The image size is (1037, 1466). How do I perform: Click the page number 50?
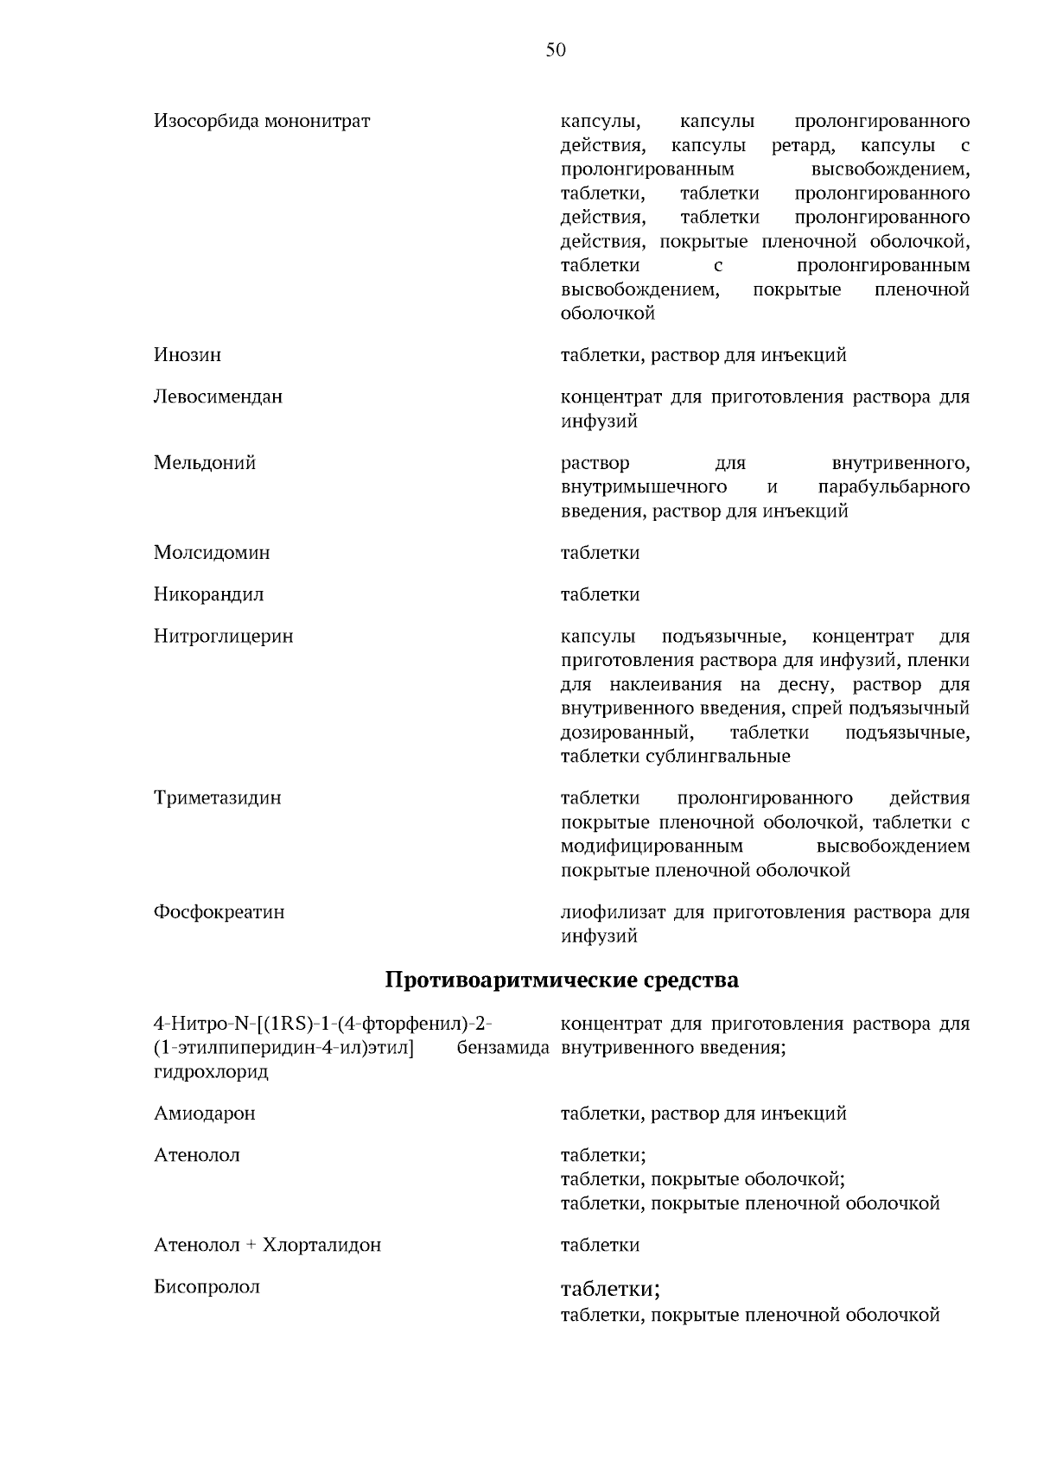(x=556, y=51)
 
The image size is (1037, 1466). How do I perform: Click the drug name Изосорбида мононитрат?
(x=262, y=121)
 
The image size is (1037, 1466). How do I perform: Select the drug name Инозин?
(x=188, y=355)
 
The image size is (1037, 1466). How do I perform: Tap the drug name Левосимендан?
(x=219, y=397)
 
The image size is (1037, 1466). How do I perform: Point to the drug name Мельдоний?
(x=205, y=463)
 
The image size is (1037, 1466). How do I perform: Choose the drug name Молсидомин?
(x=212, y=553)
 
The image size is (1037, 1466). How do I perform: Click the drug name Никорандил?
(x=209, y=594)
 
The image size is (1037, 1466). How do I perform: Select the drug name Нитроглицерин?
(x=224, y=637)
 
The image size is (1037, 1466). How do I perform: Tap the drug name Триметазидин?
(x=218, y=798)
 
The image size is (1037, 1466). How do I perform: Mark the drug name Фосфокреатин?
(x=219, y=912)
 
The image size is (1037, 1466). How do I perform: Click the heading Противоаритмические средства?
(x=562, y=981)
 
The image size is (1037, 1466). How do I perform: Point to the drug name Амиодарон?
(x=205, y=1114)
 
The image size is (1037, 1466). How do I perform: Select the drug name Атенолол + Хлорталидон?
(x=268, y=1246)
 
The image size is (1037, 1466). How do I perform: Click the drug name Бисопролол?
(x=207, y=1287)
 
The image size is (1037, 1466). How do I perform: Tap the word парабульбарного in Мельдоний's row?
(x=894, y=487)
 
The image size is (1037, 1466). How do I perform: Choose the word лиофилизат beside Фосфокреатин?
(x=613, y=912)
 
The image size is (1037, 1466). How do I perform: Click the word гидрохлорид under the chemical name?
(x=212, y=1072)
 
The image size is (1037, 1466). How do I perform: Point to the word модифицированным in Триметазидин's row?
(x=652, y=847)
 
